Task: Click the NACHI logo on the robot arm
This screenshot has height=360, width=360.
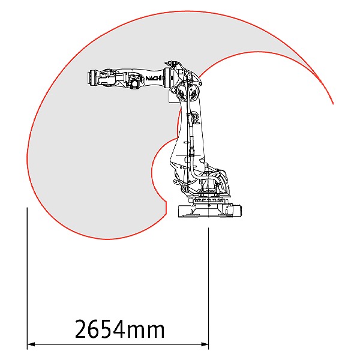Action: pos(154,78)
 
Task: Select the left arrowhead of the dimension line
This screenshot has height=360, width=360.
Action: pos(31,344)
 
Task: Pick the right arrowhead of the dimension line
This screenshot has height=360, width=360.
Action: pos(205,344)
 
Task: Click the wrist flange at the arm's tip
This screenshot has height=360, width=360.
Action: pos(91,77)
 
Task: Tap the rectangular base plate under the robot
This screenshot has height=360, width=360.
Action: pos(210,211)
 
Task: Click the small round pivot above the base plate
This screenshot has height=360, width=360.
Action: pos(185,189)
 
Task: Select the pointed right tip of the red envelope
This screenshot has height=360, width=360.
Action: pos(333,104)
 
